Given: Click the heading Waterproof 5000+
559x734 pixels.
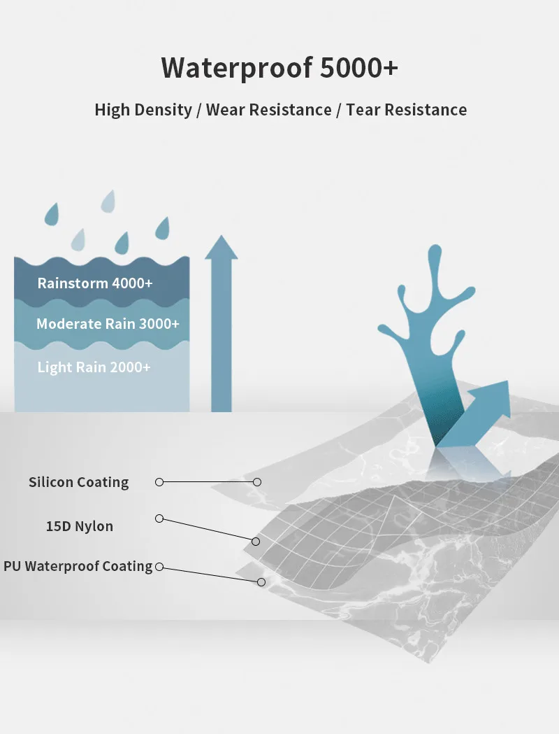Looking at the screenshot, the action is [x=279, y=68].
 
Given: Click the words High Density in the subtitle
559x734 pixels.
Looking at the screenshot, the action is [x=143, y=110].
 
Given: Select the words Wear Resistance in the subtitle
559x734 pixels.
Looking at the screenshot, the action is [x=269, y=110].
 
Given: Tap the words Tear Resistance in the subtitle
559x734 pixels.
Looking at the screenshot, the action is [x=406, y=110].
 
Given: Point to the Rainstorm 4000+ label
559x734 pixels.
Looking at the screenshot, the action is [x=95, y=283].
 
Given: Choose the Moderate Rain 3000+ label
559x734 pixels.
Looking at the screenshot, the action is [x=108, y=324].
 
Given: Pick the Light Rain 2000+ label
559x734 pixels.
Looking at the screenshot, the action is [x=94, y=367].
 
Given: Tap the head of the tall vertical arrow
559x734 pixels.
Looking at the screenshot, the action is [x=222, y=247].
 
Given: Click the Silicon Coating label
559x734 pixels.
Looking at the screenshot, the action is [x=79, y=482].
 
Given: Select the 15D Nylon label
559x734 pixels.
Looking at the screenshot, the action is [x=80, y=526].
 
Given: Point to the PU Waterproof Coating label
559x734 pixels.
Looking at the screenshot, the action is [x=78, y=566].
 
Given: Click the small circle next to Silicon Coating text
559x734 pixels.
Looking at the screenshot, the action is [x=159, y=482].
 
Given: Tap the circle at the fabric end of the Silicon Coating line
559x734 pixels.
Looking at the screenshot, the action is [x=257, y=482].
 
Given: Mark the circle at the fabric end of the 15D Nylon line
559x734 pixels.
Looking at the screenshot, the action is [x=256, y=542].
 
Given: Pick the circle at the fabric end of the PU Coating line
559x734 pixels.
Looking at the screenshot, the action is [x=261, y=582].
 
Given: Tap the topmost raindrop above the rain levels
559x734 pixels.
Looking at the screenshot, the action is [x=108, y=201].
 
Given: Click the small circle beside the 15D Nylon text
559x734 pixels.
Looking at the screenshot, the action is [x=159, y=518].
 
